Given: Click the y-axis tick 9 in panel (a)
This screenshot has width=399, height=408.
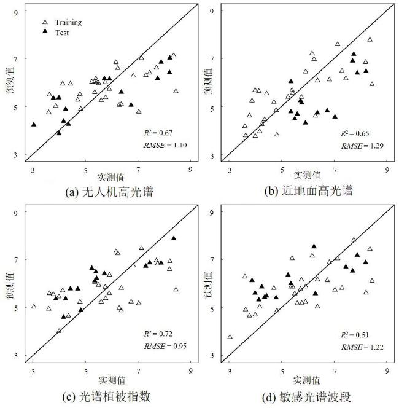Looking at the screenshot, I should (x=19, y=11).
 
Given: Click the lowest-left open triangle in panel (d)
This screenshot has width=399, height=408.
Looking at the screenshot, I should (x=230, y=337).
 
